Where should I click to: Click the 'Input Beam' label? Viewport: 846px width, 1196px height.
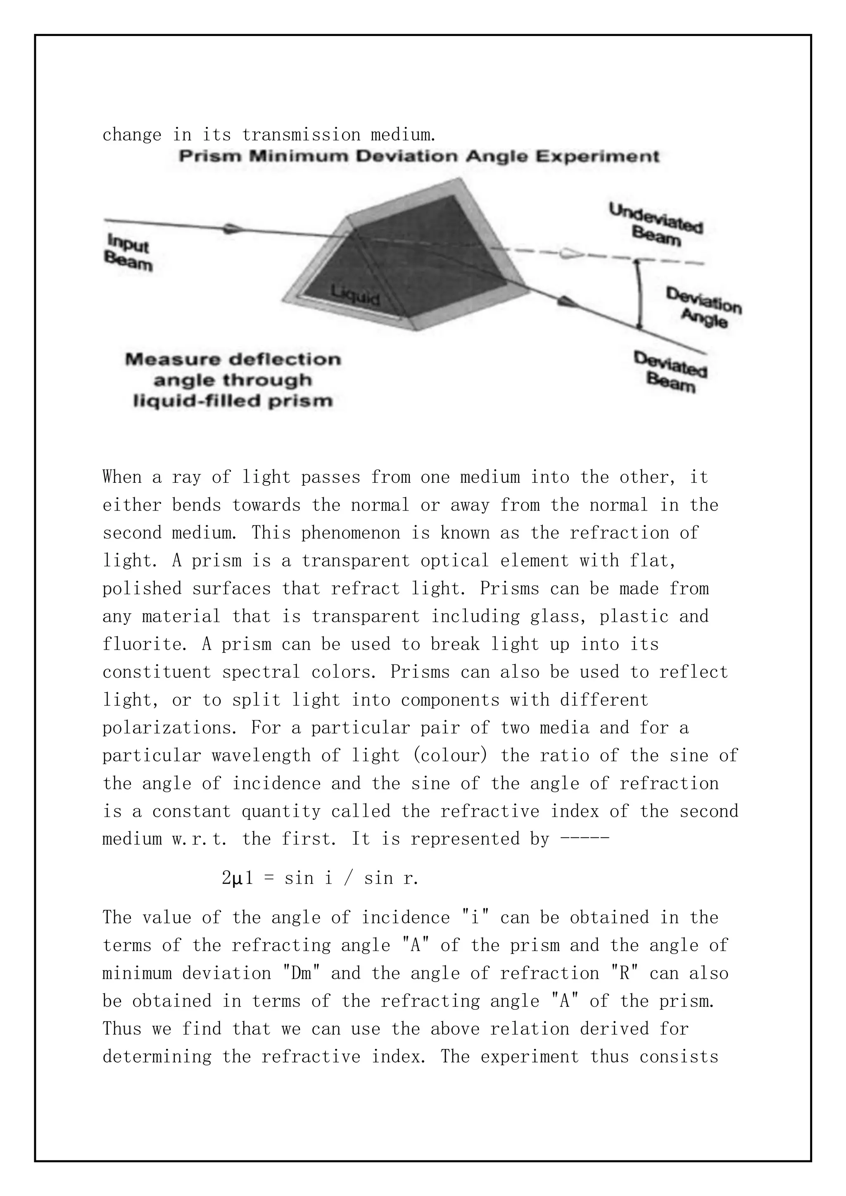[x=128, y=252]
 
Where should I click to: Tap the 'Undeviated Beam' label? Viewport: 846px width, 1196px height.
[x=656, y=225]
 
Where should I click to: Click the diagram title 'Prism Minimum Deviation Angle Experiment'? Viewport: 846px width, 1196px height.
[x=419, y=157]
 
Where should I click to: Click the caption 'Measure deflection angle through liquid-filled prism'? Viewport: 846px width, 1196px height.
[x=233, y=380]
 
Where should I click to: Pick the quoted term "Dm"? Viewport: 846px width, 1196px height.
[x=301, y=973]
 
